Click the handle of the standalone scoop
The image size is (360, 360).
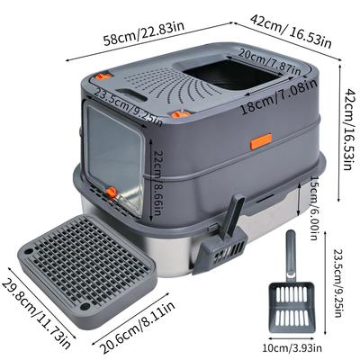291,256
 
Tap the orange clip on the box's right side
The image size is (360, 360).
261,141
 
